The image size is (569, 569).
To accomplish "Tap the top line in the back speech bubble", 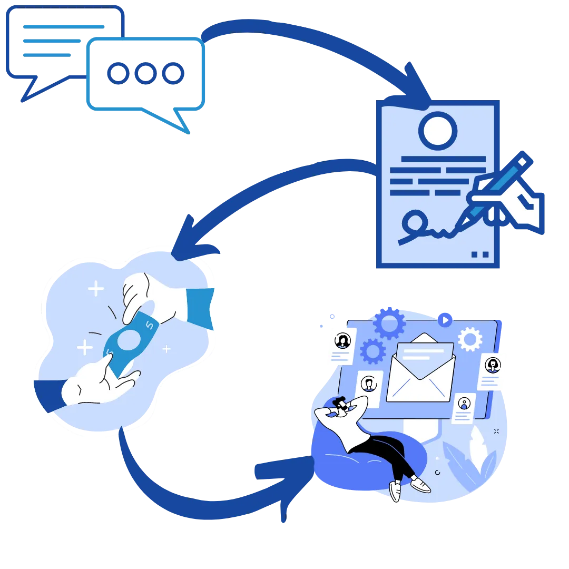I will [x=63, y=26].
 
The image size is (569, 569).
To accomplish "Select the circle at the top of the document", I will [x=438, y=130].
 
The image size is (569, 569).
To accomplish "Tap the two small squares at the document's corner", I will [x=479, y=254].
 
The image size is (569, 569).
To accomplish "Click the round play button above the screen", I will [x=445, y=320].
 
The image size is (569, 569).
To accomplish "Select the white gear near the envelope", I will [x=470, y=339].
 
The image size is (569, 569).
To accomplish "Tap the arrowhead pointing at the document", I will [x=416, y=84].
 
